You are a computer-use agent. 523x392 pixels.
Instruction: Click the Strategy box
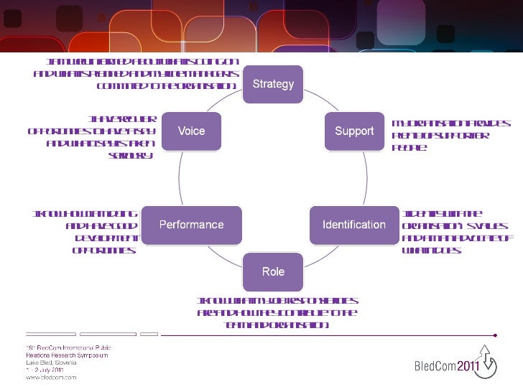[x=273, y=84]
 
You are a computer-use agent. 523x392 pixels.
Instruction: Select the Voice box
[x=191, y=131]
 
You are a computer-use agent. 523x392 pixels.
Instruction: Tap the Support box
[x=354, y=131]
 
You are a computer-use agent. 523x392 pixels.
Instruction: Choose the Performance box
[x=191, y=224]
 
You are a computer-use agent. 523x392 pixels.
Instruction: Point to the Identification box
[x=353, y=225]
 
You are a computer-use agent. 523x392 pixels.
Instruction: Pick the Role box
[x=273, y=271]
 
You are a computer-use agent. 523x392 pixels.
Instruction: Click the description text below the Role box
[x=277, y=313]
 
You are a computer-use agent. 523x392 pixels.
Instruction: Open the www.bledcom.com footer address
[x=51, y=377]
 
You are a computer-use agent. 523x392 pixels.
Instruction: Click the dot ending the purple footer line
[x=496, y=335]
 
